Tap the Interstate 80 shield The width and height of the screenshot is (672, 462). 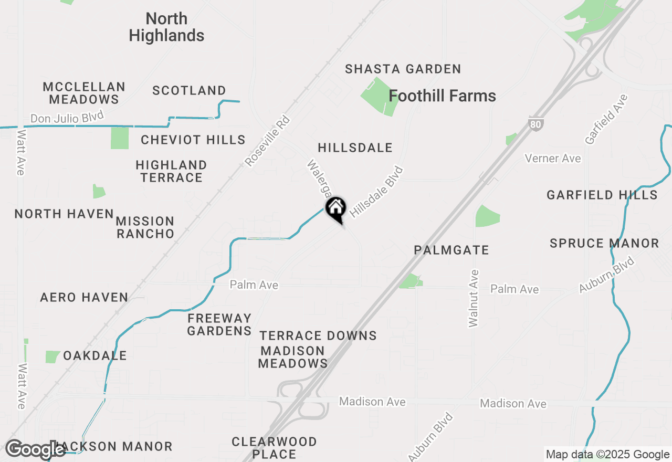[535, 124]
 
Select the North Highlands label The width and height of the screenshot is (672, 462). [166, 27]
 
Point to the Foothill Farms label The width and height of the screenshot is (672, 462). [442, 96]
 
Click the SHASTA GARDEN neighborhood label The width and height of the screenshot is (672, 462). [403, 69]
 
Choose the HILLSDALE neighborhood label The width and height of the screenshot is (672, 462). [355, 148]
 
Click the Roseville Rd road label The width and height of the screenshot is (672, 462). [267, 141]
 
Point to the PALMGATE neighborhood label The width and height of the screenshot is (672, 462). [451, 250]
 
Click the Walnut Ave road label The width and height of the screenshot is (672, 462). [474, 298]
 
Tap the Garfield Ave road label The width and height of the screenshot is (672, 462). [606, 119]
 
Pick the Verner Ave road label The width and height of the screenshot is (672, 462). [553, 159]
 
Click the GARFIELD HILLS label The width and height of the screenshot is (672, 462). [602, 195]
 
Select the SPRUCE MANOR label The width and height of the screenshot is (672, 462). [604, 243]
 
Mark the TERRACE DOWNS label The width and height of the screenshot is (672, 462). [318, 335]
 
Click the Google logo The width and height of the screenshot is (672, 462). [35, 449]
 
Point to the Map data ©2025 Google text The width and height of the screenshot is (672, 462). [607, 455]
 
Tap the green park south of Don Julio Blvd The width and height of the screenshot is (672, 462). [120, 138]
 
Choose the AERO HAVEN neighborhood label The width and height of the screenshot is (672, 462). [84, 297]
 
